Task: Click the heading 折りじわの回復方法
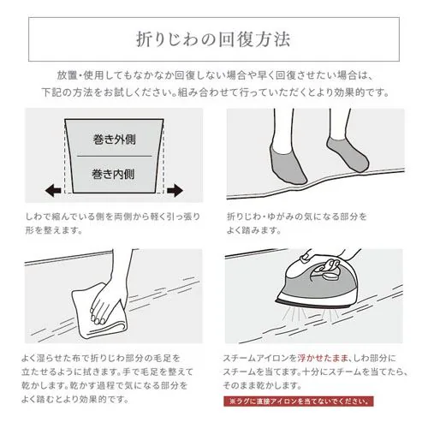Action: coord(214,39)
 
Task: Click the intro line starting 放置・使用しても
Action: coord(214,74)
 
